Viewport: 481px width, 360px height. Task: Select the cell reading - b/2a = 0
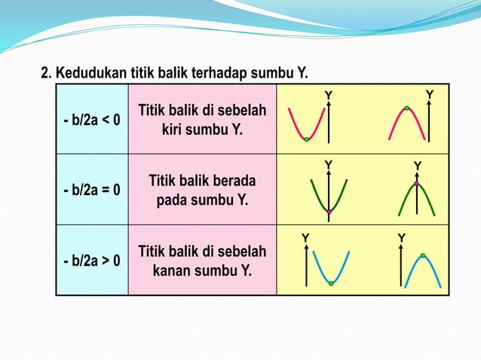[x=91, y=189]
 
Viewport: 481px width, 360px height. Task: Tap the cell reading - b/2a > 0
[x=91, y=261]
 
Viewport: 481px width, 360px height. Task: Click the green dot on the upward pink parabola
[x=307, y=139]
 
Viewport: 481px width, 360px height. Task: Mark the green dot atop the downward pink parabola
[x=406, y=108]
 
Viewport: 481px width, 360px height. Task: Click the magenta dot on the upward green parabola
[x=329, y=212]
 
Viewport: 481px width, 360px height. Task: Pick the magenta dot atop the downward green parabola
[x=416, y=183]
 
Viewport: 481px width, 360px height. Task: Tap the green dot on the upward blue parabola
[x=331, y=283]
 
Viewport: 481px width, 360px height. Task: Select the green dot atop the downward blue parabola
[x=423, y=256]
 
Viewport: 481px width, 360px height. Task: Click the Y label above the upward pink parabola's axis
[x=328, y=94]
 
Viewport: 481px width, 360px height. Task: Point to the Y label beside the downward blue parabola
[x=402, y=238]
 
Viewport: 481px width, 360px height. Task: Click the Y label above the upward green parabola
[x=328, y=164]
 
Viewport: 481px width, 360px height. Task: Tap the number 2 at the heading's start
[x=44, y=74]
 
